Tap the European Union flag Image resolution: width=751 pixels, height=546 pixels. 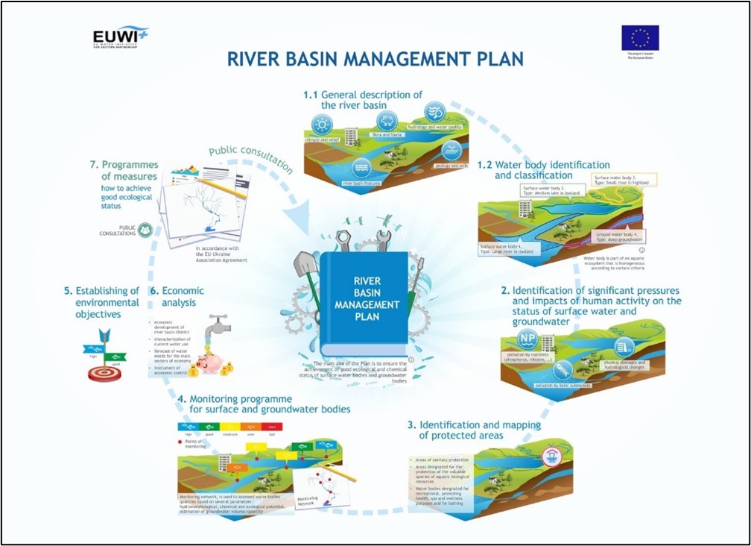(x=640, y=37)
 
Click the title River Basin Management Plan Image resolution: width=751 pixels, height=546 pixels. (x=375, y=58)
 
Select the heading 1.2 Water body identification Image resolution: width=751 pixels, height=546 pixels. (x=544, y=170)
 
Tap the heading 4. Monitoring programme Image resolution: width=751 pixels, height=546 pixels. (x=264, y=404)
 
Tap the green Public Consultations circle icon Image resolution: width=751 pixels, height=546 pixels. (x=145, y=230)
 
